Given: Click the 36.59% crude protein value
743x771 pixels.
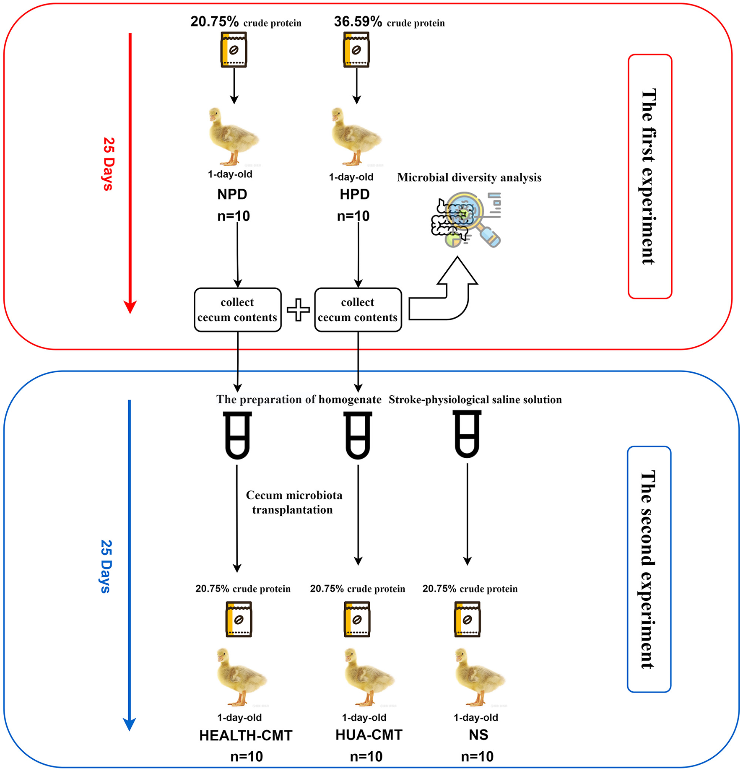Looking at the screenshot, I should point(358,21).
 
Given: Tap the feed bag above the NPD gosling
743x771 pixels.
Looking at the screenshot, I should point(234,50).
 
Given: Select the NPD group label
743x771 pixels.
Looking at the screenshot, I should point(232,195).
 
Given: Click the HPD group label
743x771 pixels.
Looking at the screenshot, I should point(354,195).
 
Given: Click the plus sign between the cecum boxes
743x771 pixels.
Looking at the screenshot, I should point(298,310).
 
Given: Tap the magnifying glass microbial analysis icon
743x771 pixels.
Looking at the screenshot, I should point(467,220).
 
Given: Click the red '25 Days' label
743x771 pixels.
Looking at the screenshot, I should point(108,164).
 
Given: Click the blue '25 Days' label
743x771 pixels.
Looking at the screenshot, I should point(106,566).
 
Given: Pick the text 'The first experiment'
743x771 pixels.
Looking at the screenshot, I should point(649,177).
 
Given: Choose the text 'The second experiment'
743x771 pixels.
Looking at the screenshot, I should point(648,569).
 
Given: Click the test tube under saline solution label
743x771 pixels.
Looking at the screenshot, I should point(467,434).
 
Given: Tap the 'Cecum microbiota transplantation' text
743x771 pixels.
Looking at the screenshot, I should point(294,502).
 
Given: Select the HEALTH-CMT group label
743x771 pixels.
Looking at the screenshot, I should point(246,735).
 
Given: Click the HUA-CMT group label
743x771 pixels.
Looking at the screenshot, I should point(369,735).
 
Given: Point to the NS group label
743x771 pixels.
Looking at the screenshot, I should point(478,735).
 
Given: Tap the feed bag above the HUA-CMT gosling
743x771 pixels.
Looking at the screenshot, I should point(356,619).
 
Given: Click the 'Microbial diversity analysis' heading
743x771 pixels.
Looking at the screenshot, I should point(469,177).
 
